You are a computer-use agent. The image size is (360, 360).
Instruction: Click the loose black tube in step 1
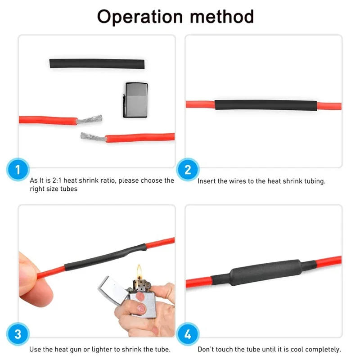[x=98, y=63]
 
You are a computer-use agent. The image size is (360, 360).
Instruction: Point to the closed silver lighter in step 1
[x=135, y=100]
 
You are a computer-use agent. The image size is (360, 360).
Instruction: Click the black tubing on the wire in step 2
[x=265, y=106]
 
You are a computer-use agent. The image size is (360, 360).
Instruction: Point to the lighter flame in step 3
[x=139, y=271]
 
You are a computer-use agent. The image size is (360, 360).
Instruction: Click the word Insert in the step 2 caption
[x=206, y=181]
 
